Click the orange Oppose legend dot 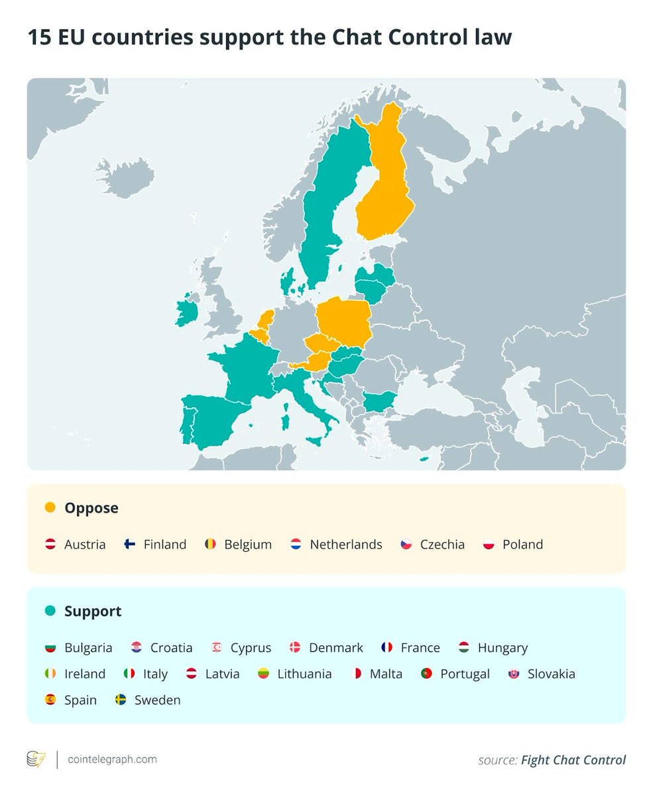tap(50, 508)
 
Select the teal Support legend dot tap(50, 611)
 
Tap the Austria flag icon tap(50, 545)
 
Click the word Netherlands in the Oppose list tap(346, 545)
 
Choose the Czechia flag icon tap(406, 545)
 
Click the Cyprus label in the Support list tap(251, 648)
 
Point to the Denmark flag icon tap(295, 648)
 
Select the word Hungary tap(503, 648)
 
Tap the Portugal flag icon tap(426, 674)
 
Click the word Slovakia tap(552, 674)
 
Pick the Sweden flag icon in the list tap(120, 700)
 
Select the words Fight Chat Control tap(573, 760)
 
